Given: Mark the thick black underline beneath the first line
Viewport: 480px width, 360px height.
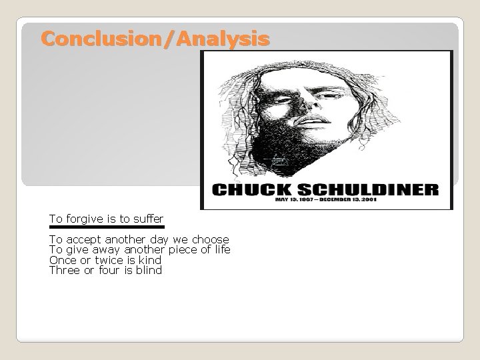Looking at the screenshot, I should coord(107,227).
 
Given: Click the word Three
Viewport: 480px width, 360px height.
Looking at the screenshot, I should coord(65,270).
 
